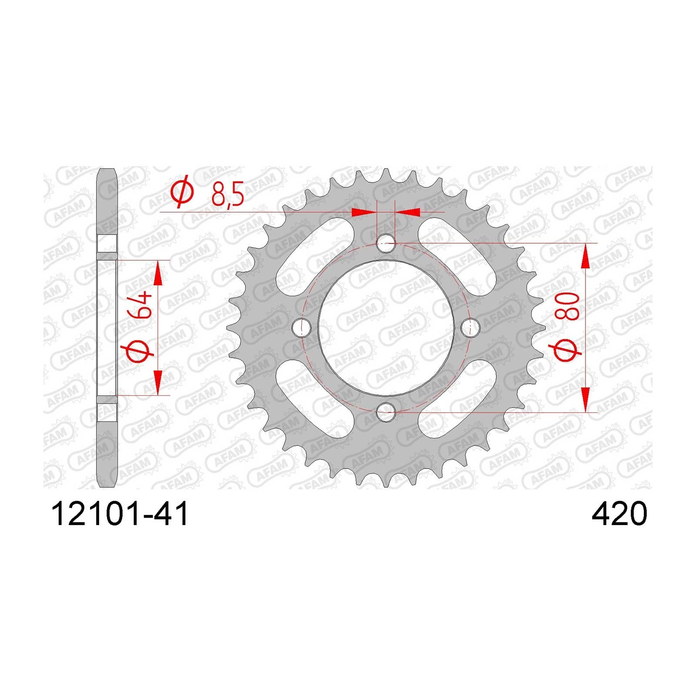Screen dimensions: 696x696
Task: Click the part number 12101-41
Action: [120, 515]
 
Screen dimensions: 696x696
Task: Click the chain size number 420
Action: [619, 515]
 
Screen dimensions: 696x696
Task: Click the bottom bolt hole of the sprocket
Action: [385, 412]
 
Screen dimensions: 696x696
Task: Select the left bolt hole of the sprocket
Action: [301, 327]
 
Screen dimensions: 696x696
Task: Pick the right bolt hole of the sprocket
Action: [470, 327]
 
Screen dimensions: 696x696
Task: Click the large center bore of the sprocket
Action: [385, 327]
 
